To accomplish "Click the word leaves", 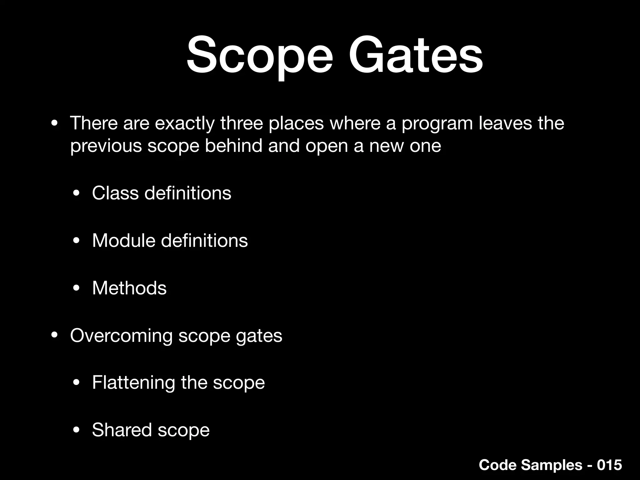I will point(505,123).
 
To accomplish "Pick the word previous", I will point(106,146).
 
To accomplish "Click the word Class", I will point(115,193).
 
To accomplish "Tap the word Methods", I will point(129,288).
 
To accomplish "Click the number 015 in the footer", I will point(609,465).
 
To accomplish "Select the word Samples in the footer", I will point(551,465).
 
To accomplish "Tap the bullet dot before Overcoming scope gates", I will point(54,336).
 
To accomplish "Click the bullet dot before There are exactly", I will point(54,124).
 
